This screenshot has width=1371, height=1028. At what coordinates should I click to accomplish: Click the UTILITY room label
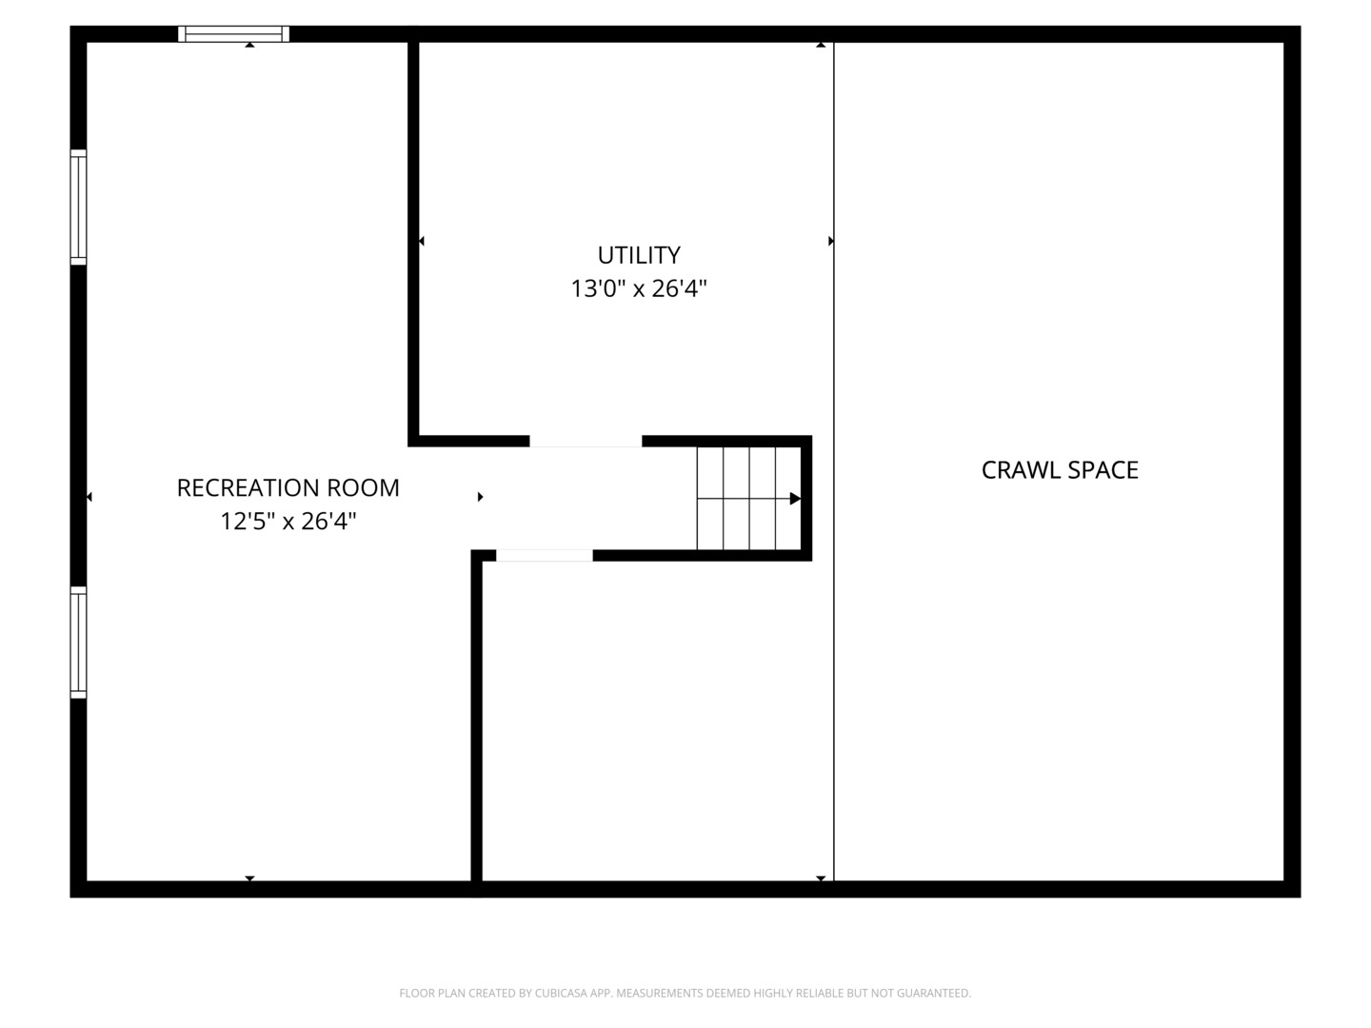point(639,255)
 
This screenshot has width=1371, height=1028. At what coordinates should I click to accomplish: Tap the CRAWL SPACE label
point(1060,470)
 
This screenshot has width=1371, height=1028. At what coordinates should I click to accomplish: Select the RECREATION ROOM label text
point(288,488)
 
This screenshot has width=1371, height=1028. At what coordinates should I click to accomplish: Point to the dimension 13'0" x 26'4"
point(639,288)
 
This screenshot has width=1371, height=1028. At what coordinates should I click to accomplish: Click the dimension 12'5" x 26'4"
point(288,522)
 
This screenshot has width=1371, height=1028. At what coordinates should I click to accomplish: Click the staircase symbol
point(748,498)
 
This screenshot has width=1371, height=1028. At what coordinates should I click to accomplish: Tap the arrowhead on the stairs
point(795,499)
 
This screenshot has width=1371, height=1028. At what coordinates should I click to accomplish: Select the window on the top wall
point(233,34)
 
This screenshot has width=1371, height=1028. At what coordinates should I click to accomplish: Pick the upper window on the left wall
point(78,207)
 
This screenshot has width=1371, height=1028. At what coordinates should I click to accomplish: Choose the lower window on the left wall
point(78,642)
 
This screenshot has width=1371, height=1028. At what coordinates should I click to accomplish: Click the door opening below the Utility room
point(586,442)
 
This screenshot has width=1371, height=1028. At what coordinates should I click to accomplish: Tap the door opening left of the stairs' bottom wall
point(544,556)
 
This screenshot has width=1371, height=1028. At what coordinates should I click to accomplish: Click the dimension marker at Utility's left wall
point(422,242)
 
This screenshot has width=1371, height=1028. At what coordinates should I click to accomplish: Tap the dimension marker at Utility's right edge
point(830,242)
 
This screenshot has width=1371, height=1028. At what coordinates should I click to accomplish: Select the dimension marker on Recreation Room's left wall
point(89,497)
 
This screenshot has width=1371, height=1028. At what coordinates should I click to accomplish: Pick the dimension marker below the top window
point(249,45)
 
